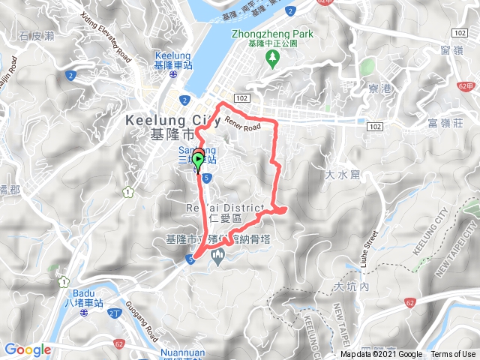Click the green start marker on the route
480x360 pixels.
(198, 159)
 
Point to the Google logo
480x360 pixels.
(27, 349)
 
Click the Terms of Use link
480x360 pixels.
(452, 355)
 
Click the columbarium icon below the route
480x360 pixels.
(218, 258)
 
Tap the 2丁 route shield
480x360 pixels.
(114, 313)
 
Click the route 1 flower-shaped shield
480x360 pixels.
(129, 193)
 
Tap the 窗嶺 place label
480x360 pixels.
(451, 50)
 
